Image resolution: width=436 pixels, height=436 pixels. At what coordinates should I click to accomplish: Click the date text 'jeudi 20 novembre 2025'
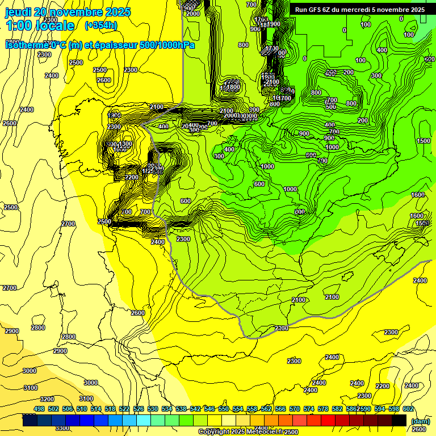click(68, 12)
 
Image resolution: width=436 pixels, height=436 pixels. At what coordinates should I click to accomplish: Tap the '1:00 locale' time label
click(40, 26)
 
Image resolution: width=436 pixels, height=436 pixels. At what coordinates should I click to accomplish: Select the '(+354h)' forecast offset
click(101, 26)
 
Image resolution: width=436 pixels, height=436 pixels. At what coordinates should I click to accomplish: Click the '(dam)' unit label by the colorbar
click(420, 421)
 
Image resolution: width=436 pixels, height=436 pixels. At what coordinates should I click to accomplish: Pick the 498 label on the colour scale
click(39, 409)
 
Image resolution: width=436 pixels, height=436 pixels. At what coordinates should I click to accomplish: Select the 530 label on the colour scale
click(153, 409)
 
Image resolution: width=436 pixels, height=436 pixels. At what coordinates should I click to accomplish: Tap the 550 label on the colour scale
click(224, 409)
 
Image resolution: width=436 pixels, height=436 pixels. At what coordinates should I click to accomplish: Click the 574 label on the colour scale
click(309, 409)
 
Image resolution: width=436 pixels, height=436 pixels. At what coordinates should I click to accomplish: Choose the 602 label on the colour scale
click(408, 409)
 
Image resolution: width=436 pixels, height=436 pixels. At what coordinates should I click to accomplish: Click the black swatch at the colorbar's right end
click(399, 421)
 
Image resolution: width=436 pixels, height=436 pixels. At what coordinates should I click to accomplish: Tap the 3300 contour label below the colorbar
click(62, 428)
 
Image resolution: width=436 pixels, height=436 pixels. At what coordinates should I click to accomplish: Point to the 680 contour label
click(429, 60)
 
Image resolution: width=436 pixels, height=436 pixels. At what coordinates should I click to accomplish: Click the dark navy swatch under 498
click(30, 421)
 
